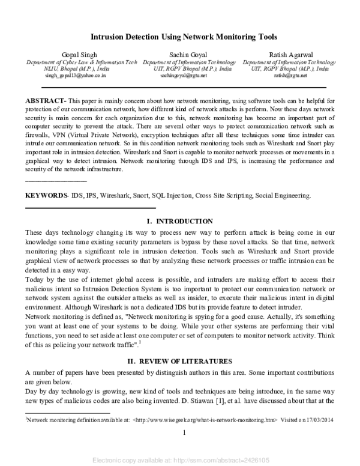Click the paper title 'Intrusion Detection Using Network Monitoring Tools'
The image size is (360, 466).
click(x=180, y=37)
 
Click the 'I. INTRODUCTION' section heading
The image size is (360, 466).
click(x=180, y=222)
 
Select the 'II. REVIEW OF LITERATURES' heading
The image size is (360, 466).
click(x=180, y=361)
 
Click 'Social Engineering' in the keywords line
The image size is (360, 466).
click(x=283, y=196)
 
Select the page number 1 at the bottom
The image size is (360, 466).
click(x=184, y=433)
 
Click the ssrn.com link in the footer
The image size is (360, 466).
click(x=223, y=461)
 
